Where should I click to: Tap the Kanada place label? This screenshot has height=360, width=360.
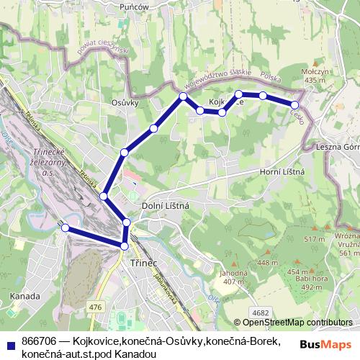pyautogui.click(x=25, y=295)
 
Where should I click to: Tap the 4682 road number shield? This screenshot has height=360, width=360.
pyautogui.click(x=261, y=312)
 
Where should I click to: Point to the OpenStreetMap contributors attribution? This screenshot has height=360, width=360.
pyautogui.click(x=292, y=323)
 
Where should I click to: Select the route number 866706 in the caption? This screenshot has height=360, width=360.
pyautogui.click(x=40, y=341)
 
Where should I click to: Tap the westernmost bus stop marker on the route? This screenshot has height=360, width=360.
pyautogui.click(x=65, y=228)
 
